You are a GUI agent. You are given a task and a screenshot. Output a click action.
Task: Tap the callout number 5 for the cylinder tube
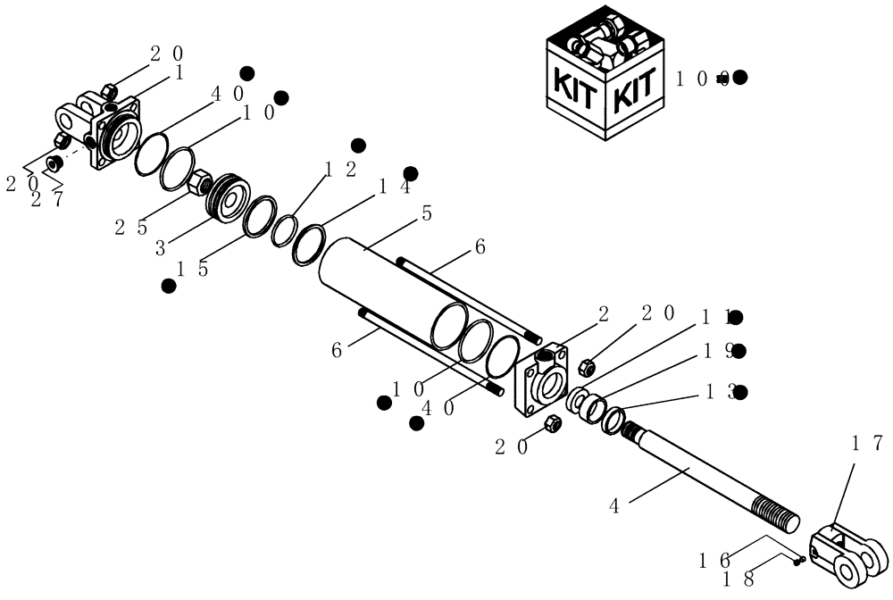click(427, 214)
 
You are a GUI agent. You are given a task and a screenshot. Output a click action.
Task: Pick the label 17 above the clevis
click(867, 443)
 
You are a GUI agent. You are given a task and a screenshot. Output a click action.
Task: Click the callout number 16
click(715, 560)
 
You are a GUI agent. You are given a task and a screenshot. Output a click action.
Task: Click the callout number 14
click(394, 187)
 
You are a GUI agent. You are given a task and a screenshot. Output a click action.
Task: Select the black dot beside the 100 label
click(739, 78)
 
